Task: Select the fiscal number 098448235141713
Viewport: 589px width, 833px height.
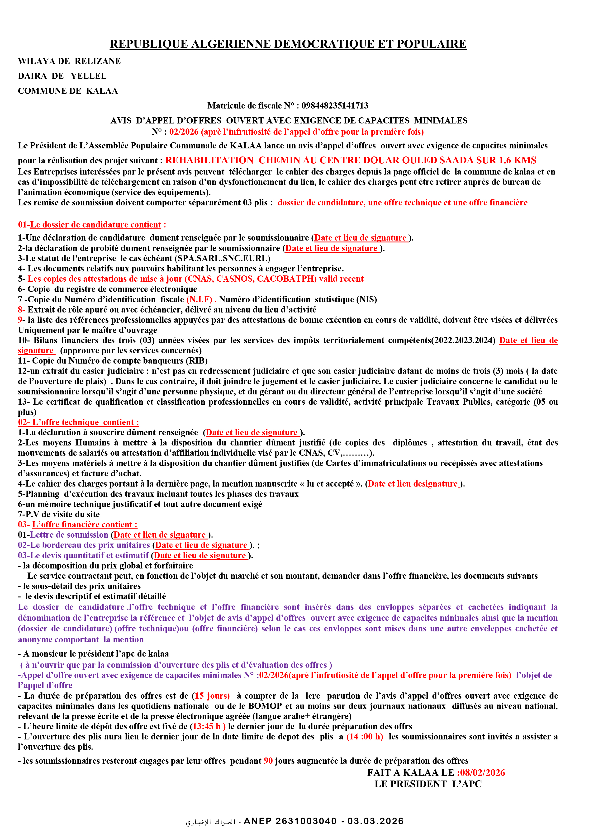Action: [335, 106]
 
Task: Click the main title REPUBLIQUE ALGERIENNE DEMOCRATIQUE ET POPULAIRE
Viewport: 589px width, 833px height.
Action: [288, 44]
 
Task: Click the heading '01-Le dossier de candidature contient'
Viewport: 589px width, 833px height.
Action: [92, 225]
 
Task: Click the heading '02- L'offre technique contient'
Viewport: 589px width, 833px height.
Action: [78, 422]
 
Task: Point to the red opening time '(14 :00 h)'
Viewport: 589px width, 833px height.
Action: [365, 737]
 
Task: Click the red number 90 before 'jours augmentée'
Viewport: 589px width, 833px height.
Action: [268, 761]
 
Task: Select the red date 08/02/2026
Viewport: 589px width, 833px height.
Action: [482, 772]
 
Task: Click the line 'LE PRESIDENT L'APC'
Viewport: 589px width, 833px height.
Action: [428, 784]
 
